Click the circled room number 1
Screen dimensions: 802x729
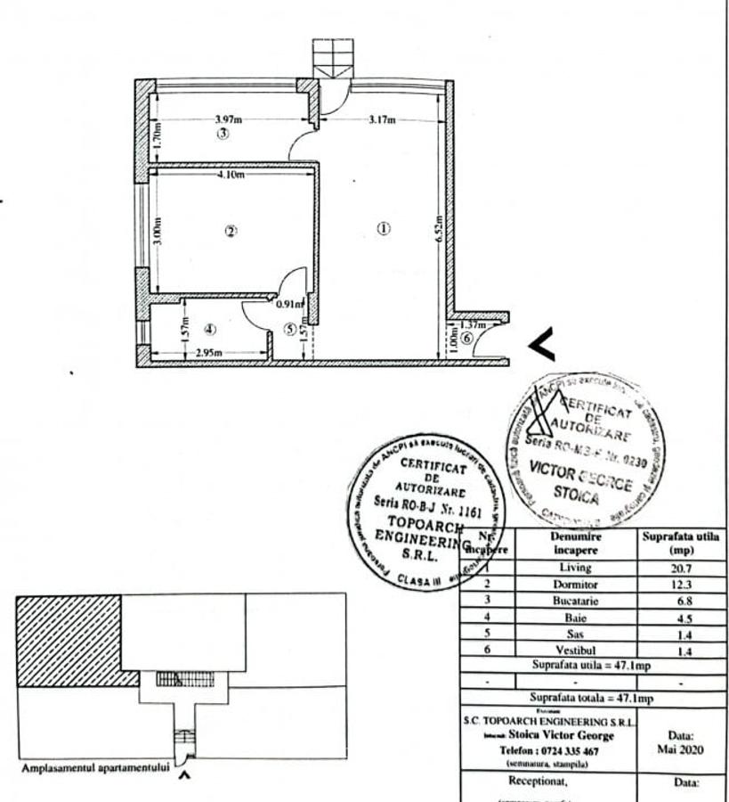(384, 228)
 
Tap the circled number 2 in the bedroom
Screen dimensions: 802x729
(231, 232)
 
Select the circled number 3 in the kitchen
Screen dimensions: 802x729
(224, 135)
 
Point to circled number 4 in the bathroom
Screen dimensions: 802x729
(211, 330)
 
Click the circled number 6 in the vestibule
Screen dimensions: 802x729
(469, 337)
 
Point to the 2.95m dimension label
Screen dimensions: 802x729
(208, 353)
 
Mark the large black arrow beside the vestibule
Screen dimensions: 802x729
(542, 345)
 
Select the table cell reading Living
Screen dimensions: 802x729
(575, 567)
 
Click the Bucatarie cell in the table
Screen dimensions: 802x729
(575, 600)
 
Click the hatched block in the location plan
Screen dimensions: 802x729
(69, 639)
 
